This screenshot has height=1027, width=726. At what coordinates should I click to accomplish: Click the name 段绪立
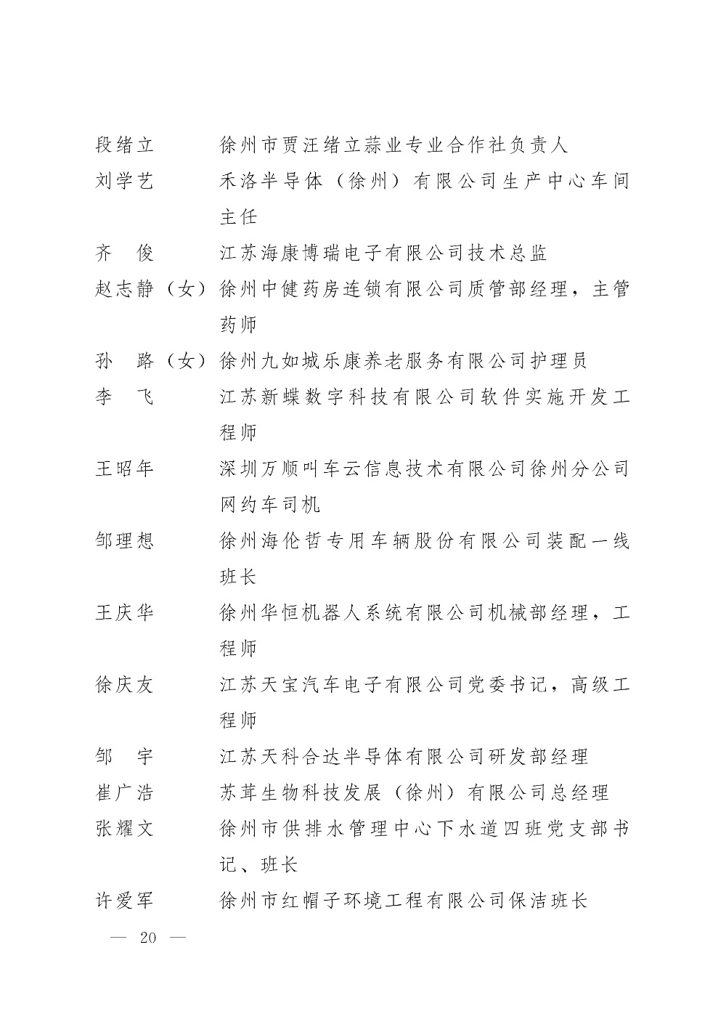coord(125,145)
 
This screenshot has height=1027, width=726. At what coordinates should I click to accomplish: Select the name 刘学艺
coord(125,181)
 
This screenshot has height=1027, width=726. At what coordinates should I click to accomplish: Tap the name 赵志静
coord(125,288)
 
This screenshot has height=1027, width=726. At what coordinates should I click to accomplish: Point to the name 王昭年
coord(125,468)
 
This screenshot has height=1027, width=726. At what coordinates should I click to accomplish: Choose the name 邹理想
coord(125,541)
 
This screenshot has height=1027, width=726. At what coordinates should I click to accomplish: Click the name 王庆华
coord(125,613)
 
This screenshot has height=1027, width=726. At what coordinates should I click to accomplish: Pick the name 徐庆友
coord(125,685)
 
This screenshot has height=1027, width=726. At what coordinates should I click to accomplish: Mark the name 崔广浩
coord(125,792)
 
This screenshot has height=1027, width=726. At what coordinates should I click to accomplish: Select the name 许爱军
coord(125,901)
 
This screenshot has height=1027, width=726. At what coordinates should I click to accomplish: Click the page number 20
coord(148,938)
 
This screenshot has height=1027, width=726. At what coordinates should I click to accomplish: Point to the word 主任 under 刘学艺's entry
coord(238,216)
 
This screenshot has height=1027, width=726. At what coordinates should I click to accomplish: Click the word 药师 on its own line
coord(238,325)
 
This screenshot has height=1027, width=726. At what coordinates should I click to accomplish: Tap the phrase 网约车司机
coord(269,505)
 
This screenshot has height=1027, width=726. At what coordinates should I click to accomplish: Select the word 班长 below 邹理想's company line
coord(238,577)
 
